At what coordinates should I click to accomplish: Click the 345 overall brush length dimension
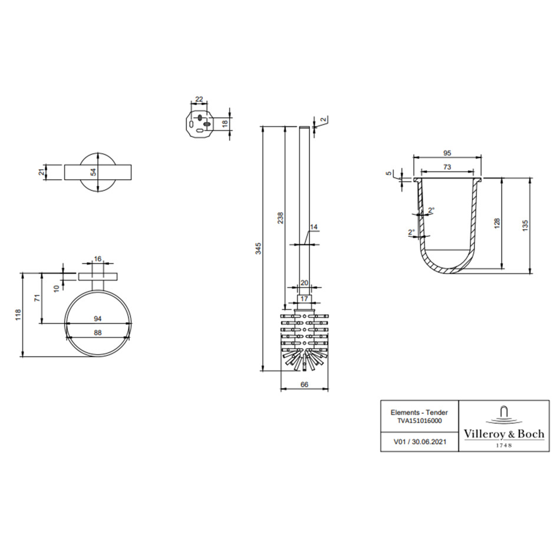click(x=259, y=248)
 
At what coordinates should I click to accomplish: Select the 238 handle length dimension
click(x=281, y=217)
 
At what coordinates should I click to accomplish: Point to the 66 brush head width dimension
click(x=304, y=384)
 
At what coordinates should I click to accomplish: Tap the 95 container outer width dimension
click(x=447, y=153)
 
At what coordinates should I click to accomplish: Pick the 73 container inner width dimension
click(x=447, y=167)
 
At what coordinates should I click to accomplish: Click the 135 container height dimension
click(x=525, y=226)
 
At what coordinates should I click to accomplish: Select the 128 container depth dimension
click(x=497, y=223)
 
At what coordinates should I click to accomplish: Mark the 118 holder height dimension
click(x=18, y=315)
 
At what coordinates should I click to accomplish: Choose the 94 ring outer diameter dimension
click(x=98, y=319)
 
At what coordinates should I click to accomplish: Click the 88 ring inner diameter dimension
click(x=98, y=332)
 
